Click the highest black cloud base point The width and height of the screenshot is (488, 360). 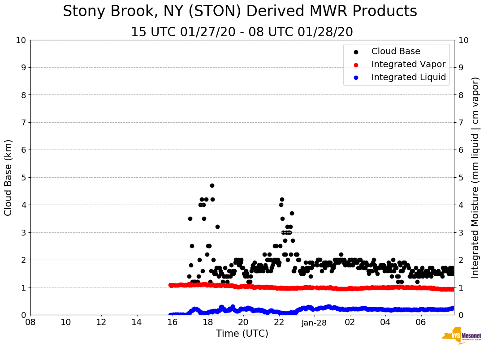(212, 185)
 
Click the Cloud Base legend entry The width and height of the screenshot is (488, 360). (396, 51)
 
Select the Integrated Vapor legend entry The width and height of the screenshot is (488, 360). (408, 64)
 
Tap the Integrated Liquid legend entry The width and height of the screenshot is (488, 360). (408, 77)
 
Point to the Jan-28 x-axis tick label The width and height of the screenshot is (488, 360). (314, 322)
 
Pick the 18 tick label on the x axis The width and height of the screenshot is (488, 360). (207, 322)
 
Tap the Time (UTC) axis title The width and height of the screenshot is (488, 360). (242, 334)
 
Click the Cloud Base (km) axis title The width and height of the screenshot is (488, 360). (9, 177)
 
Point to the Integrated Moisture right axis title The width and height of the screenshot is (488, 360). (475, 177)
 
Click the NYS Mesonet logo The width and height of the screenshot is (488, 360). (461, 337)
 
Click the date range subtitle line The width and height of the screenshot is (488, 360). (242, 32)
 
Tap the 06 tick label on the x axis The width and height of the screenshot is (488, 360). (420, 322)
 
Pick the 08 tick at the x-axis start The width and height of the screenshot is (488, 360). (30, 322)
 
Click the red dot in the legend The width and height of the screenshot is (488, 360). (356, 64)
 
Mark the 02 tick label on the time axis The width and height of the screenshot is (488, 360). (350, 322)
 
